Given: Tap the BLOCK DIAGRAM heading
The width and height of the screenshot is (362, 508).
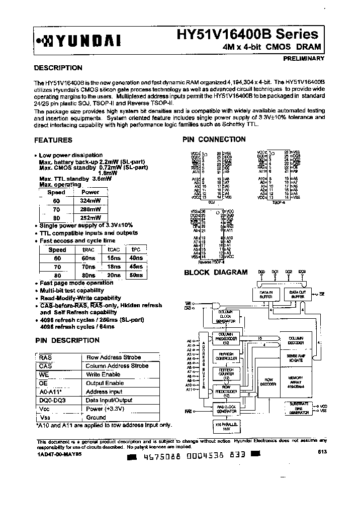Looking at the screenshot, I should pos(216,273).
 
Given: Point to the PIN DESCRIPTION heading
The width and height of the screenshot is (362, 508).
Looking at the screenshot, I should pos(67,340).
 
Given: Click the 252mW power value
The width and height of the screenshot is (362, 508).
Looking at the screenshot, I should pos(90,217).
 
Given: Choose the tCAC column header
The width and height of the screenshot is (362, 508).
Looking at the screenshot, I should pos(114,249).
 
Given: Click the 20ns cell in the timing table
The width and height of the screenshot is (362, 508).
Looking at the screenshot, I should pos(114,275).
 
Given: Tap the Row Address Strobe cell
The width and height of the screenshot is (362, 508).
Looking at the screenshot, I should pos(114,357).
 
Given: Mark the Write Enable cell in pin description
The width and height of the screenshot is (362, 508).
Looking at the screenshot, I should pos(103,374).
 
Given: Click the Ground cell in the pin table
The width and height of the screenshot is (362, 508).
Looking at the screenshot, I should pos(96,417).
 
